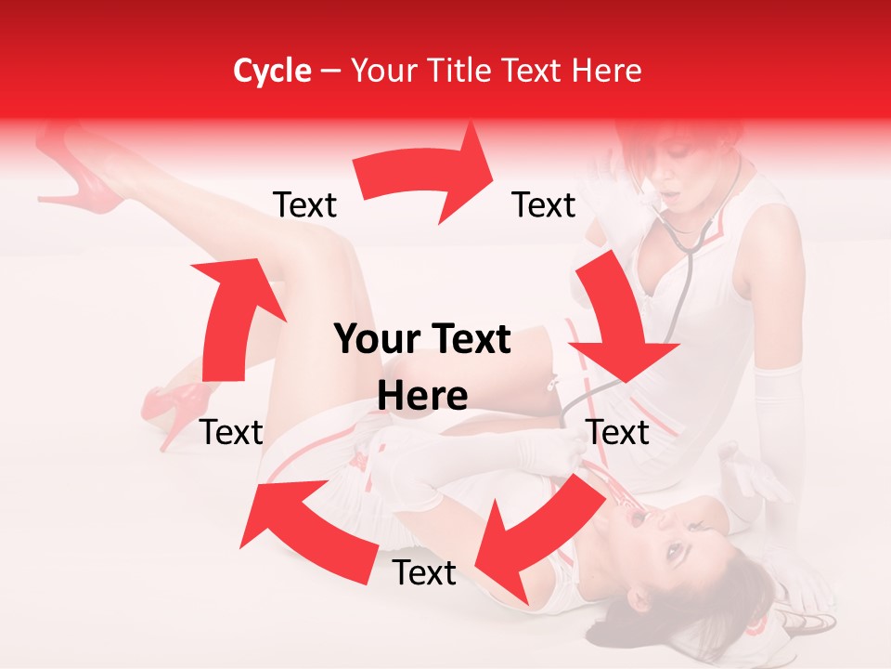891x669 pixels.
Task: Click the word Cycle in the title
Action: [272, 71]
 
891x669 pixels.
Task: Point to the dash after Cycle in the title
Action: [330, 72]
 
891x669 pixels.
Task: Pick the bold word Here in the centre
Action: [422, 396]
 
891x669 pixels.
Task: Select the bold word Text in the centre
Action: [470, 340]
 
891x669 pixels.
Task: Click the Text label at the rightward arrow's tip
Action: [544, 204]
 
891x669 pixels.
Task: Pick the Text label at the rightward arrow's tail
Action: [304, 204]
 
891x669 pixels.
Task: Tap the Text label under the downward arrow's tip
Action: [617, 432]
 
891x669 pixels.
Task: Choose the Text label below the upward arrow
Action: [231, 432]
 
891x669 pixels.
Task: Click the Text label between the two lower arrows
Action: [423, 572]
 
